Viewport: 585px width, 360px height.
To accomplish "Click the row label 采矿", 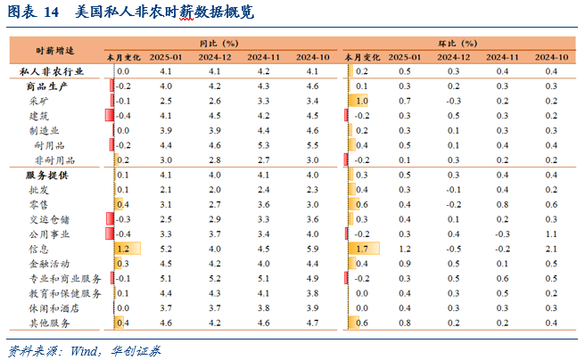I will pyautogui.click(x=39, y=101).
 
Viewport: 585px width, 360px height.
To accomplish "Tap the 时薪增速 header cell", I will pyautogui.click(x=54, y=49).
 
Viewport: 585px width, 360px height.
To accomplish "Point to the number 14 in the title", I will pyautogui.click(x=50, y=12).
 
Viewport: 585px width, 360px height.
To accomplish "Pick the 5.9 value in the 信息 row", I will pyautogui.click(x=311, y=249).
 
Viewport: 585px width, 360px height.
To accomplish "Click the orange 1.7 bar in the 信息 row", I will pyautogui.click(x=363, y=249).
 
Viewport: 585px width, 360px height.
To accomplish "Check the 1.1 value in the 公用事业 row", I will pyautogui.click(x=550, y=233).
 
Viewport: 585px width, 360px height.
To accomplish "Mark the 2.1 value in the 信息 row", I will pyautogui.click(x=550, y=249).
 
